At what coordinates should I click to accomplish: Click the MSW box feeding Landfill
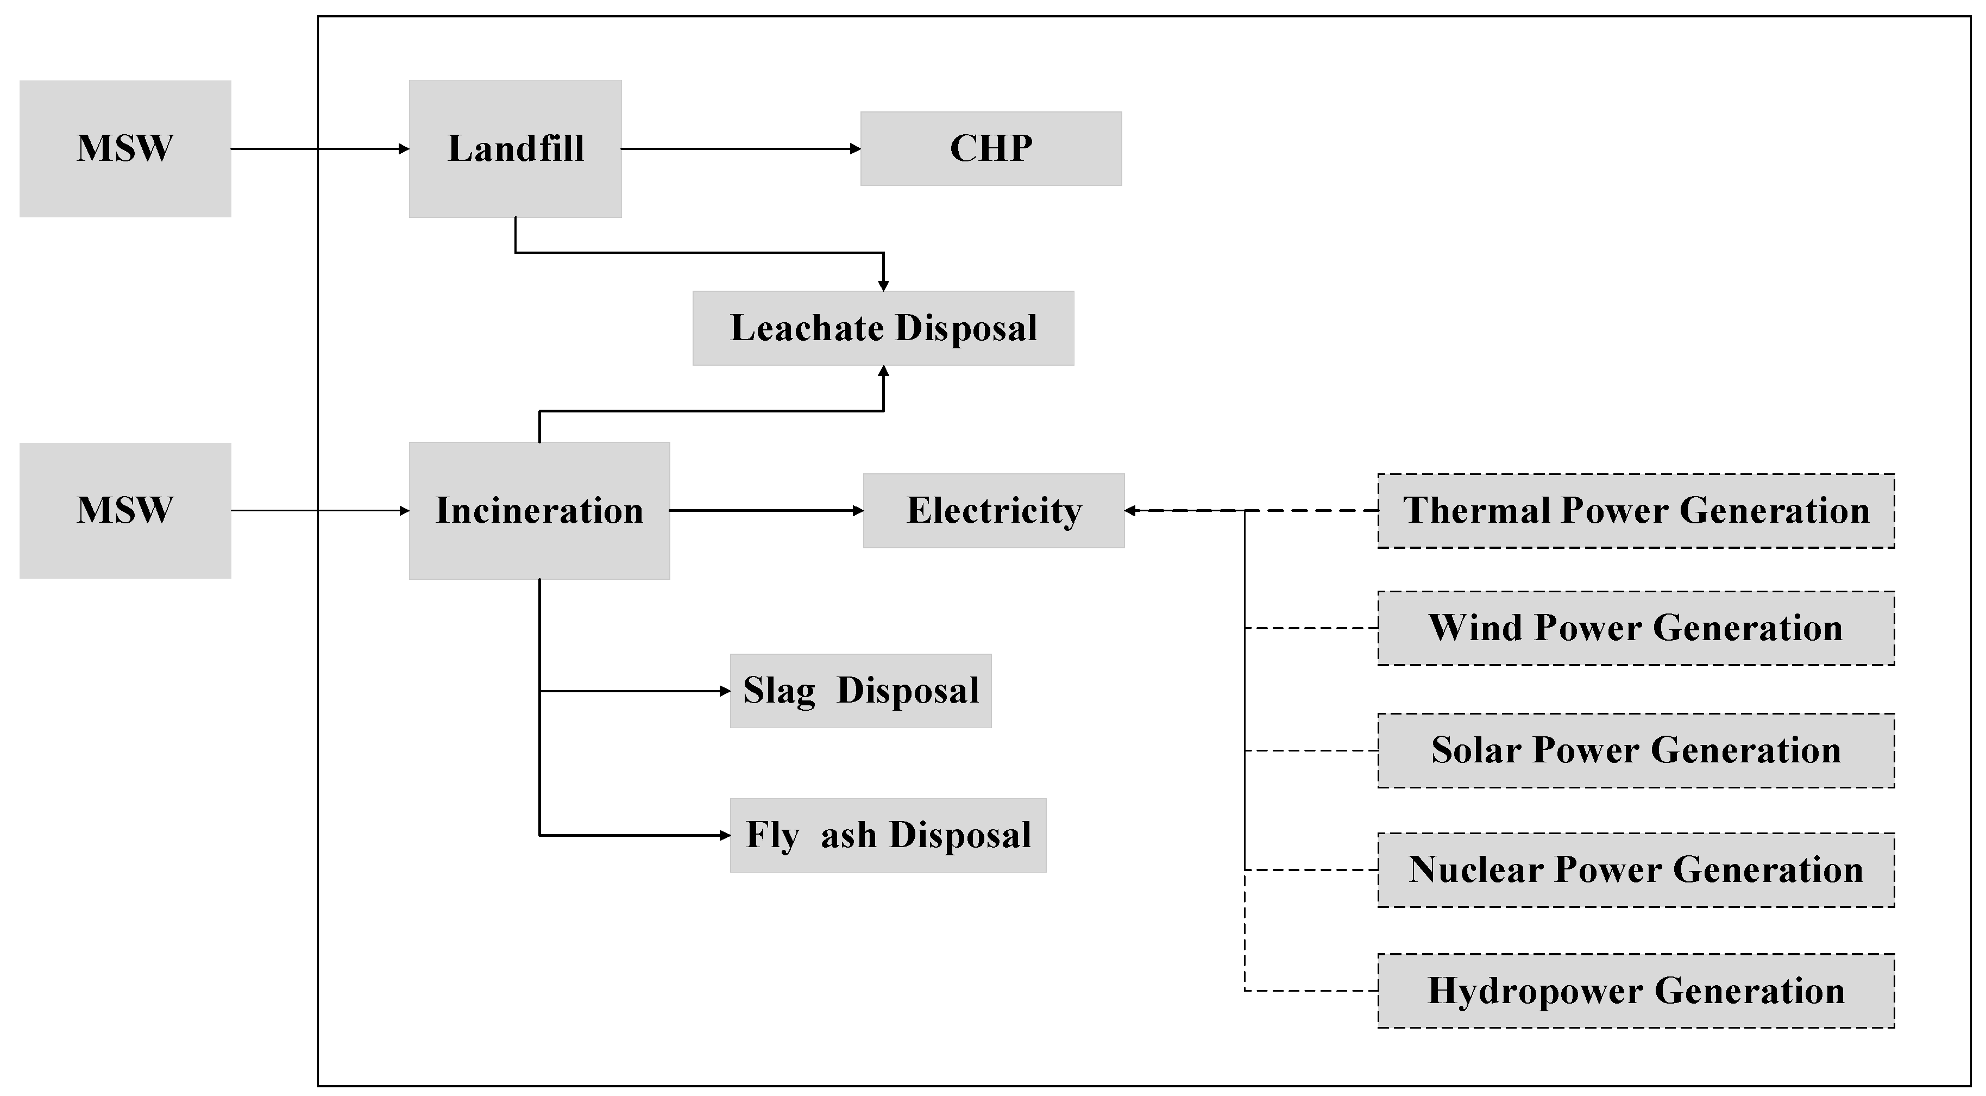point(125,148)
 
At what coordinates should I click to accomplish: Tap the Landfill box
point(515,148)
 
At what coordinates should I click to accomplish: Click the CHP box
point(991,148)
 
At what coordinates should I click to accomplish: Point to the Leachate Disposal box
point(883,328)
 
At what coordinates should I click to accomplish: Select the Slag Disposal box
point(860,690)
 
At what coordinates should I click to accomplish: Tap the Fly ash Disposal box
point(888,835)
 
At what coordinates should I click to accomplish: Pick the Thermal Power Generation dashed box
point(1635,511)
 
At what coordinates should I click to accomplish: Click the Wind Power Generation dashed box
point(1635,628)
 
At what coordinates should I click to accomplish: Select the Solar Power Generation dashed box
point(1635,750)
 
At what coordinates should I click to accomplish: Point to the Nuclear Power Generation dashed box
point(1635,869)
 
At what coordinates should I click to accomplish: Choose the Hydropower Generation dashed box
point(1635,991)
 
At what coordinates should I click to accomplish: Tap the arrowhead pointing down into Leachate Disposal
point(883,285)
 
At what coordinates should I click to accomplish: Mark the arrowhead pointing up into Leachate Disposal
point(883,371)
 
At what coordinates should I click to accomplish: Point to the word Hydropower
point(1534,991)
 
